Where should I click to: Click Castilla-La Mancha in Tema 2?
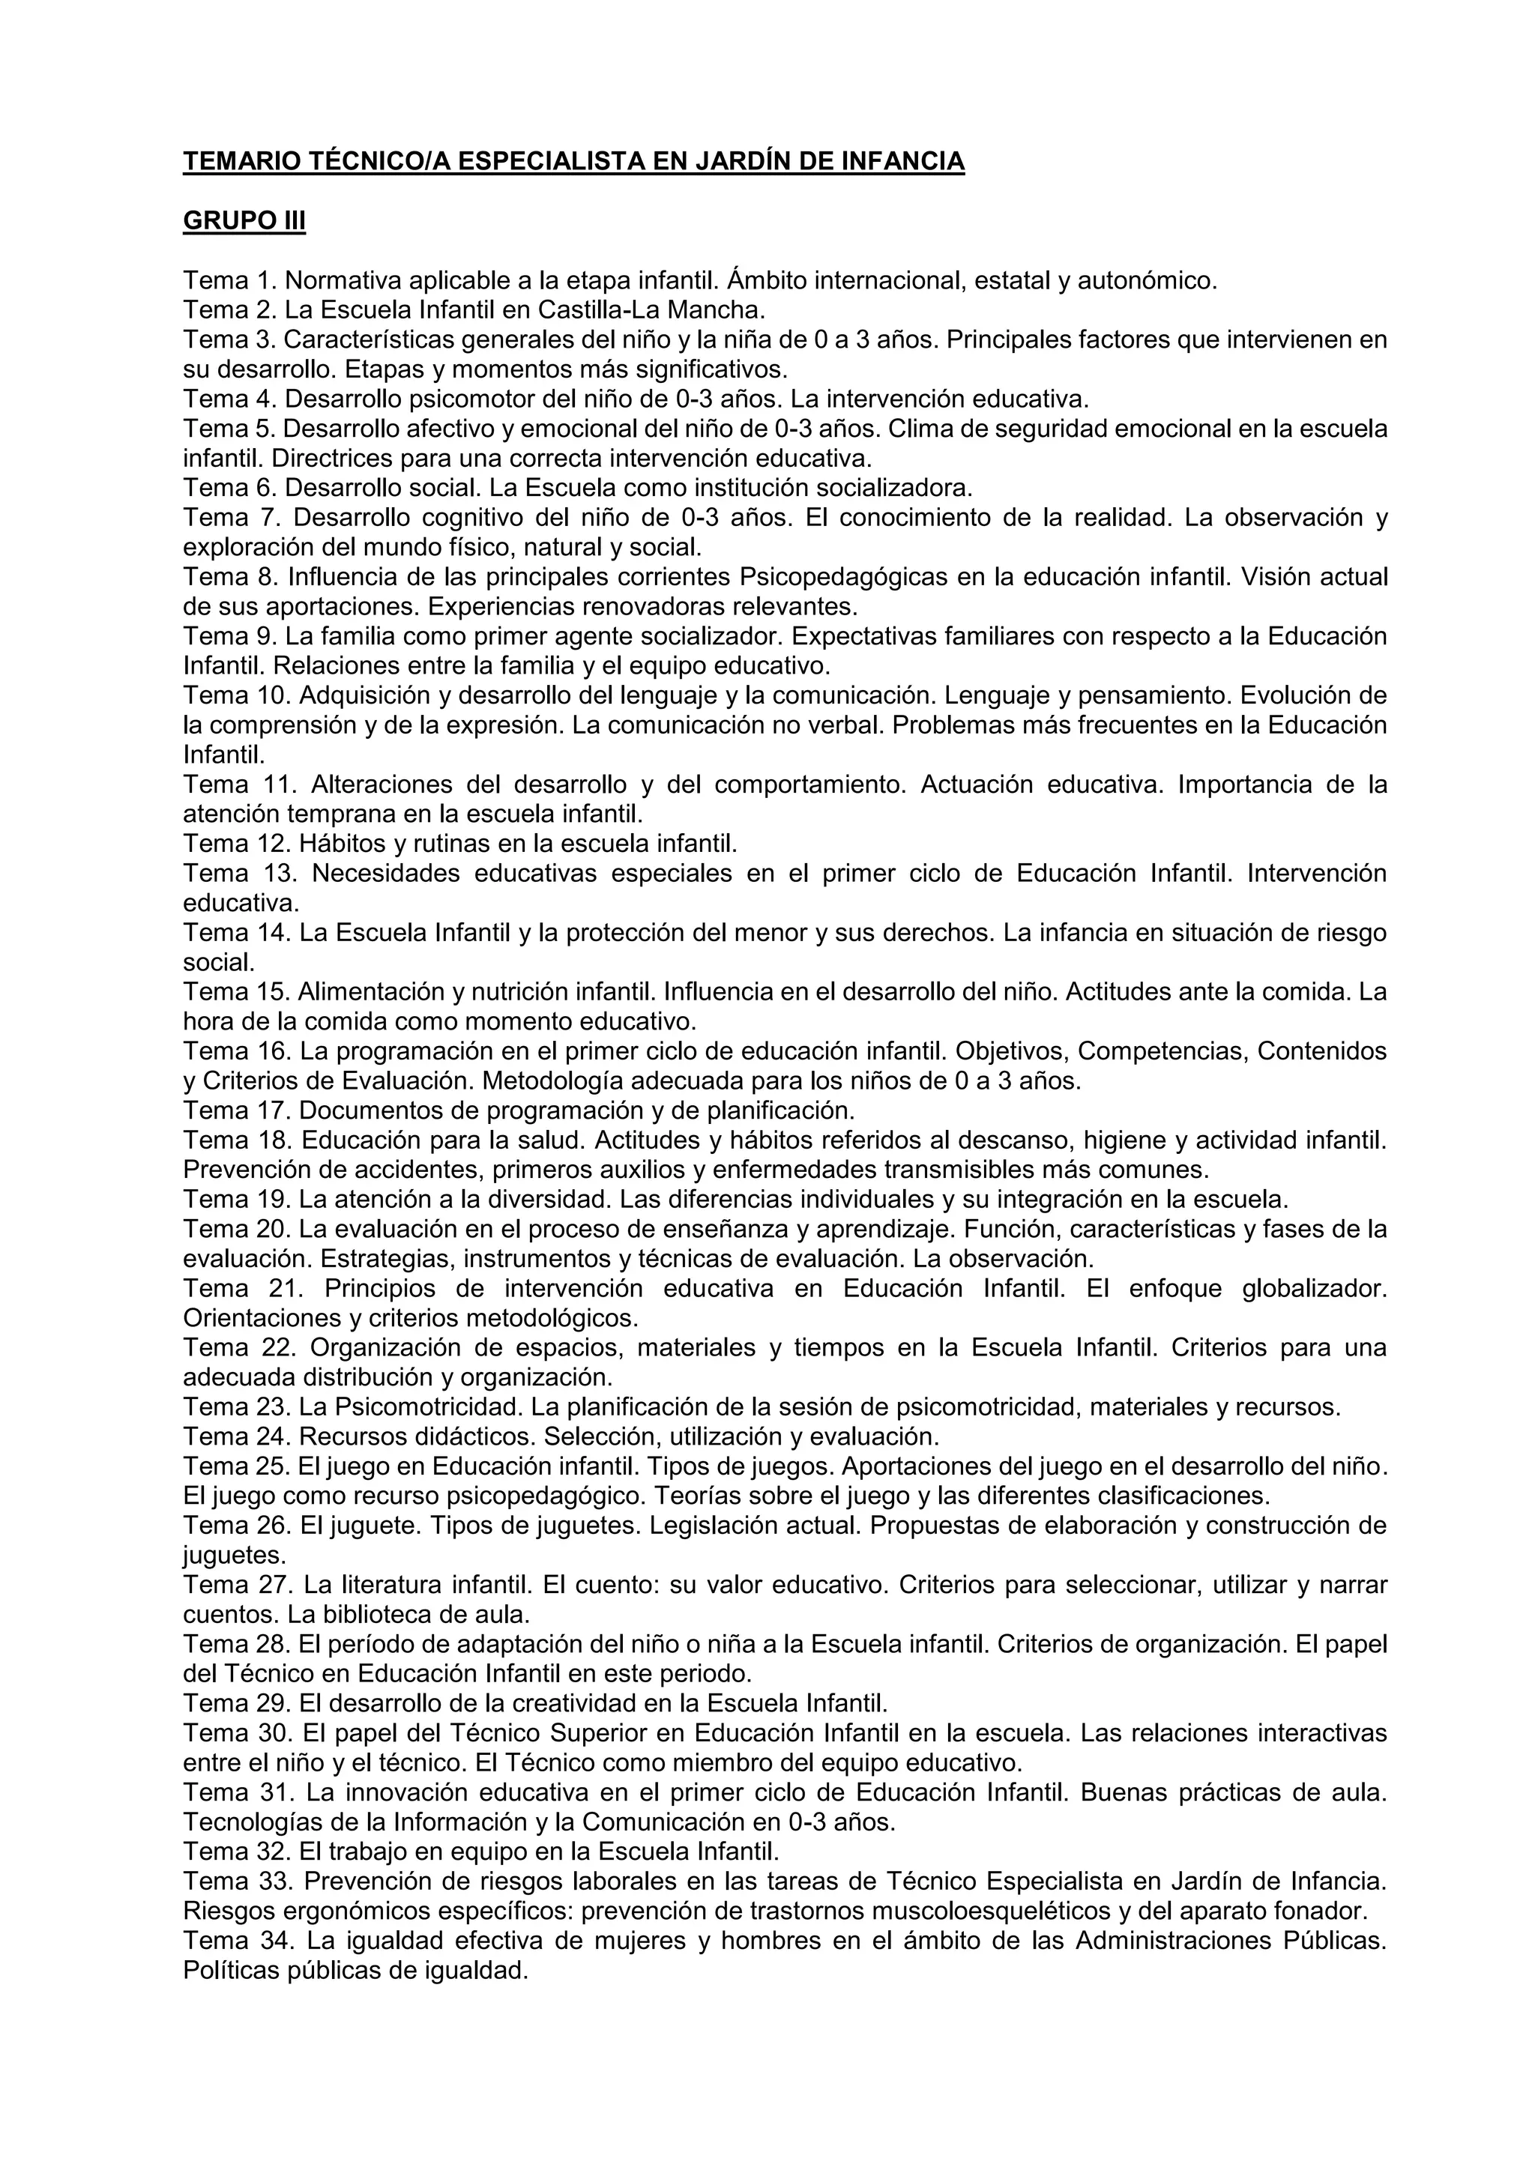point(651,310)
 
